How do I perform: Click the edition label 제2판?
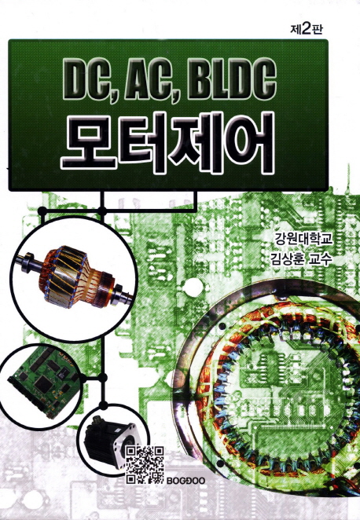pyautogui.click(x=306, y=30)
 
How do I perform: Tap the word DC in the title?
pyautogui.click(x=89, y=80)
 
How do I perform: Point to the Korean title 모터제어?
pyautogui.click(x=168, y=143)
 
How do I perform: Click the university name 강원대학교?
pyautogui.click(x=303, y=239)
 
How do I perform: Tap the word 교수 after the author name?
pyautogui.click(x=320, y=259)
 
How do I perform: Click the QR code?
pyautogui.click(x=145, y=464)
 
